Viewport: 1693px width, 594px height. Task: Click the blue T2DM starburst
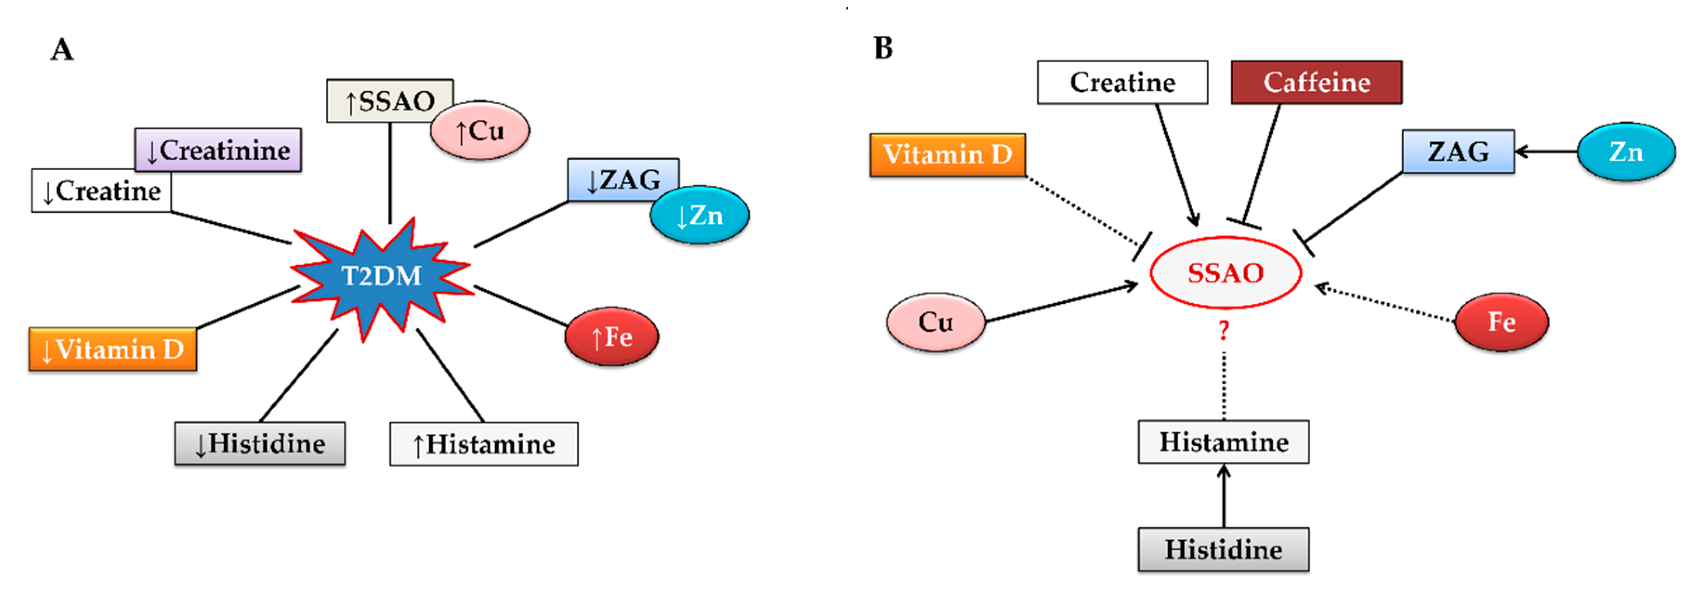[x=381, y=276]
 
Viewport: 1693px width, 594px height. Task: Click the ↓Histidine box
[x=260, y=444]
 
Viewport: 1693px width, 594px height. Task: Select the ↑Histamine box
[x=484, y=444]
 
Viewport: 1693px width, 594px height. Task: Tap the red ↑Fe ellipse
[x=612, y=336]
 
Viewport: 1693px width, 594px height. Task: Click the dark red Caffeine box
[x=1316, y=83]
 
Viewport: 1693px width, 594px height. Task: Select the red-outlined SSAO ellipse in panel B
[x=1226, y=273]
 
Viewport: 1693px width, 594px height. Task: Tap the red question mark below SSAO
[x=1223, y=329]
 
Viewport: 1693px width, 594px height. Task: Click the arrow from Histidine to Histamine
[x=1224, y=496]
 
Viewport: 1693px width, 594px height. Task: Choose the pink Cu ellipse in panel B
[x=936, y=322]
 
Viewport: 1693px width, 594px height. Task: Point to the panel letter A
[x=62, y=50]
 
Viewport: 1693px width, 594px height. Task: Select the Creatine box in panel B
[x=1122, y=83]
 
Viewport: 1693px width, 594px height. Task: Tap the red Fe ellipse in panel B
[x=1502, y=322]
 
